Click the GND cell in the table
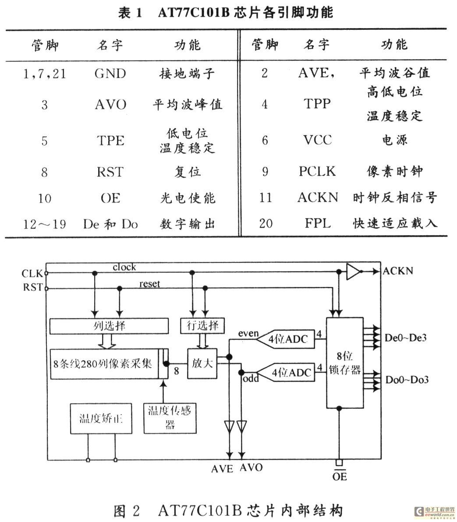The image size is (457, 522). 110,74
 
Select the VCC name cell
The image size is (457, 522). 318,140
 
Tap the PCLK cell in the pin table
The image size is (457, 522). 317,171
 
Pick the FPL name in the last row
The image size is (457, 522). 318,223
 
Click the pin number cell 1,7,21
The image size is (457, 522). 45,74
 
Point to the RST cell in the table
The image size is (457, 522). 110,172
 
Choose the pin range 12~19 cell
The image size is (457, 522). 45,224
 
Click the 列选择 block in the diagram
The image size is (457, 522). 109,326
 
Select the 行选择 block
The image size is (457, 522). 202,325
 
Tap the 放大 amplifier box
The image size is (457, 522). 202,363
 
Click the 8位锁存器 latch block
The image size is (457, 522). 344,363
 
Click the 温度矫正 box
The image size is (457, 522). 101,418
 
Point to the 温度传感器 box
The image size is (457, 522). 170,418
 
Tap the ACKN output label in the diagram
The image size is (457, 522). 398,271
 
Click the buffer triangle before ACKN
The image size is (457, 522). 353,272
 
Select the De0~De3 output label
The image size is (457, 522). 405,338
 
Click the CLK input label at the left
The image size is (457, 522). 32,274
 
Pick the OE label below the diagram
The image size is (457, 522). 339,476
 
